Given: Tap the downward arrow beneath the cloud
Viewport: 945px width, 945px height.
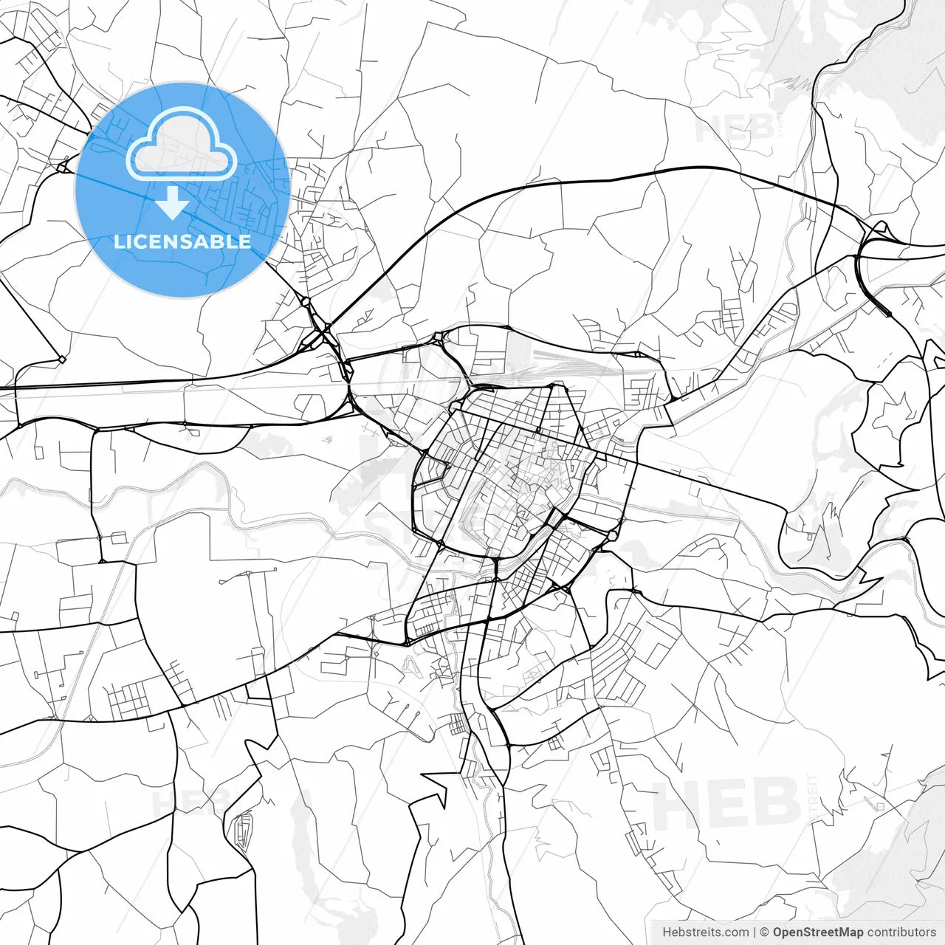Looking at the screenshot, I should point(173,202).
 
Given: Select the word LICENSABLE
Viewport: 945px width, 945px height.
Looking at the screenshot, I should point(182,241).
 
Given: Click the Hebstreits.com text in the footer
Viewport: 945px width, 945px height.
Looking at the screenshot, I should point(705,932).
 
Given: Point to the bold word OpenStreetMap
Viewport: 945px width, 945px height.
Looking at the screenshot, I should point(818,932).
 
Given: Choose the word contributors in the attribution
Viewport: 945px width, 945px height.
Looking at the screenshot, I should point(901,932).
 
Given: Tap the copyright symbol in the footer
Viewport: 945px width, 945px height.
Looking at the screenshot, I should point(765,932).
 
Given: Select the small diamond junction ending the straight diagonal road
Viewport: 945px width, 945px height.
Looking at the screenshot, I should point(62,360).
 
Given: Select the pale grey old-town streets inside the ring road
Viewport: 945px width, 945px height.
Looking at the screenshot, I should point(524,480).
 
